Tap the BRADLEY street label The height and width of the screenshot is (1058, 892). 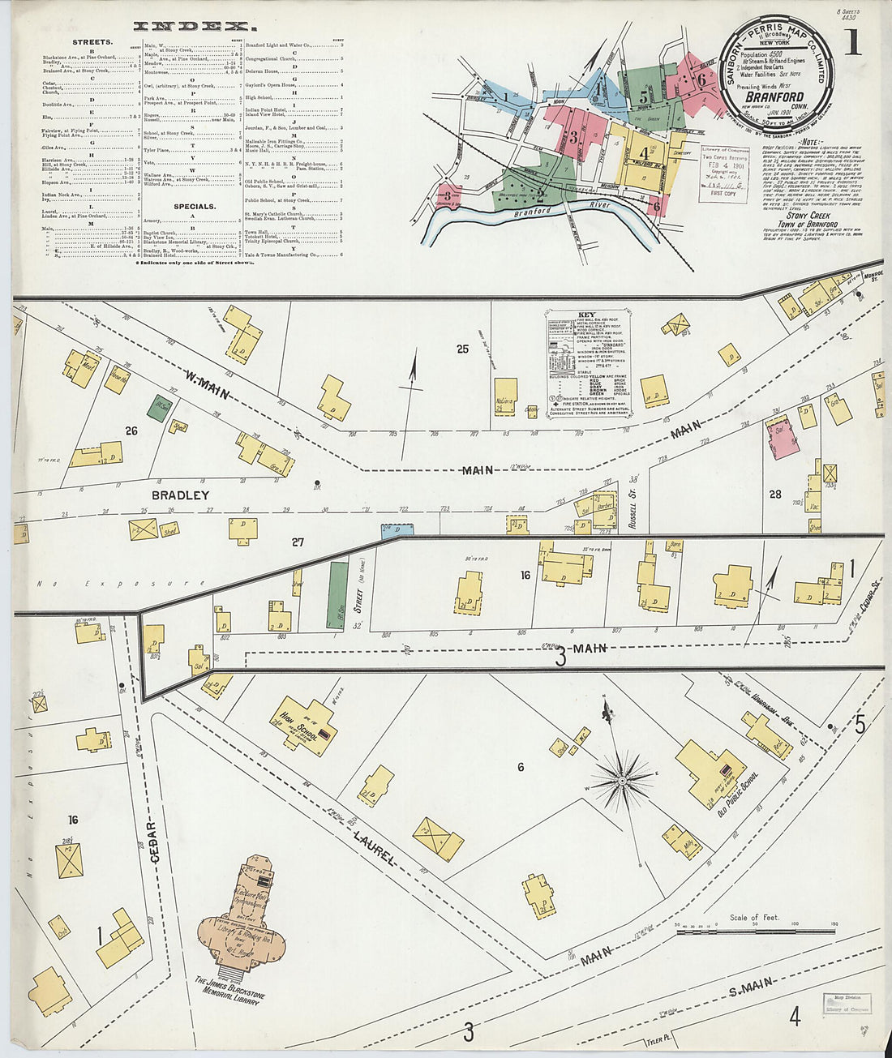(180, 495)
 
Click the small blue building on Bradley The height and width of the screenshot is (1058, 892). (397, 529)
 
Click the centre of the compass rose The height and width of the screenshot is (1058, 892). (621, 782)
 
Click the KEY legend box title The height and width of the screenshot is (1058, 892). (586, 313)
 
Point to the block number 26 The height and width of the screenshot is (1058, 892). (131, 430)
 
